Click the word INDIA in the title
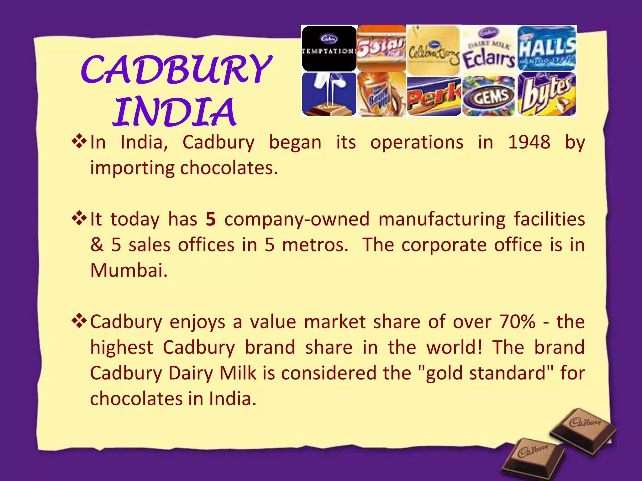[x=174, y=112]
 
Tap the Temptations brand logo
[x=329, y=49]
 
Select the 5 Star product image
[x=381, y=49]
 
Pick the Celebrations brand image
[x=434, y=50]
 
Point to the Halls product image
[x=547, y=49]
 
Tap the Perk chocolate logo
[x=434, y=96]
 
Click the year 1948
[x=529, y=142]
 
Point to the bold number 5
[x=211, y=219]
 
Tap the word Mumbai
[x=129, y=270]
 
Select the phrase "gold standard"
[x=486, y=373]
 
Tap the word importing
[x=132, y=168]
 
